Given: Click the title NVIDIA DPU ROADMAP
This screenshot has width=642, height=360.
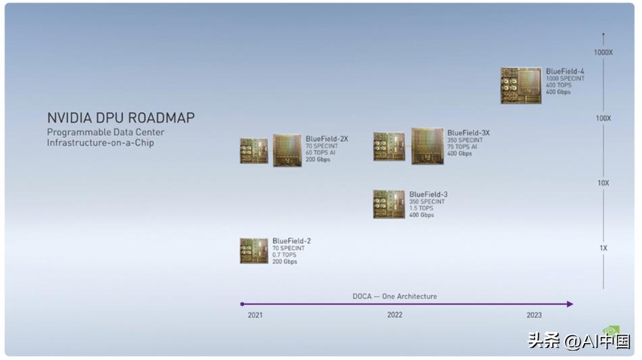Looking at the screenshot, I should [120, 118].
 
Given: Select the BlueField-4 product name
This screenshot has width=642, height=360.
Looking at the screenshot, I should [565, 71].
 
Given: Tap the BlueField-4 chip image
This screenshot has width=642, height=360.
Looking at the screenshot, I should [520, 85].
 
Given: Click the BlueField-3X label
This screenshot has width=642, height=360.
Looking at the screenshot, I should [468, 133].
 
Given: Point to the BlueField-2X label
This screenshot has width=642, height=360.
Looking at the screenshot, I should [326, 139].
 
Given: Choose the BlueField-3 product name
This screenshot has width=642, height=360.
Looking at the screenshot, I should [428, 195].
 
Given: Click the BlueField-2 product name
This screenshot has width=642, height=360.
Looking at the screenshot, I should [291, 240].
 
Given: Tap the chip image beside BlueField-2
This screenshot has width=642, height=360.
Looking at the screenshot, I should [254, 251].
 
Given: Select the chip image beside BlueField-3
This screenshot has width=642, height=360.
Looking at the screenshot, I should [389, 204].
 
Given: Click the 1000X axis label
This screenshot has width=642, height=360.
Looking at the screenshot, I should [603, 52].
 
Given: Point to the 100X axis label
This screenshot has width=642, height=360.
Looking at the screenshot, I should [603, 118].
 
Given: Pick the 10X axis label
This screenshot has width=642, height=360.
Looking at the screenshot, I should [603, 183].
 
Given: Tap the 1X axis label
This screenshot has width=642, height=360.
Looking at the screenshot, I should [603, 248].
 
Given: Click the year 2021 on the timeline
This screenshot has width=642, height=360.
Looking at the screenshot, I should [255, 315].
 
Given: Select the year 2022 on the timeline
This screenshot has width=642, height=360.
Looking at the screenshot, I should [395, 315].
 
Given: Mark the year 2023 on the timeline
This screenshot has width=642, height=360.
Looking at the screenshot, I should [534, 315].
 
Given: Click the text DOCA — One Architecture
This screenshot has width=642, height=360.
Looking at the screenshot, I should [395, 296].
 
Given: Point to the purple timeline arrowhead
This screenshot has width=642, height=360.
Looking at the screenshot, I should [570, 304].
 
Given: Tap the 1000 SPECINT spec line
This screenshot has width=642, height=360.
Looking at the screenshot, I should [565, 78].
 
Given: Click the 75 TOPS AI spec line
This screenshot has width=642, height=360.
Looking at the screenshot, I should [462, 147].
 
